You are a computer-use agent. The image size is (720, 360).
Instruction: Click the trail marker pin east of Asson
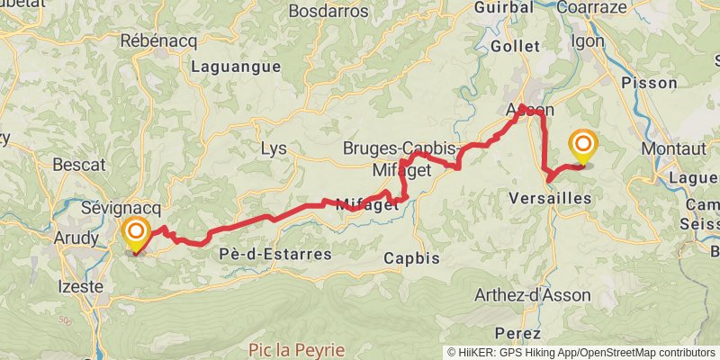(583, 147)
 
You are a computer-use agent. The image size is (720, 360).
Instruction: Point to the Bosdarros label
(330, 12)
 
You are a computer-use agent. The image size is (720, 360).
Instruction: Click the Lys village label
(274, 149)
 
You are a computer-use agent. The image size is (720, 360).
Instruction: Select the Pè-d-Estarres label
(274, 255)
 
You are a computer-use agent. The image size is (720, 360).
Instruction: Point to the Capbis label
(411, 258)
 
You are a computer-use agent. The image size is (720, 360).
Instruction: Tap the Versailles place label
(550, 197)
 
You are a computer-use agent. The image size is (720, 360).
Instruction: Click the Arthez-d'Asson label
(534, 294)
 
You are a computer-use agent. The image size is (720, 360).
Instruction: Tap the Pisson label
(650, 83)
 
